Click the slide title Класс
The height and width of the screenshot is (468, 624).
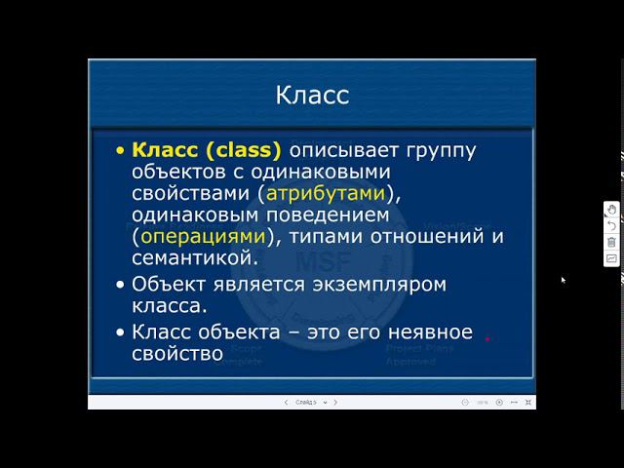312,96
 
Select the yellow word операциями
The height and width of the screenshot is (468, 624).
202,236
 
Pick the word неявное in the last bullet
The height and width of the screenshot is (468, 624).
425,331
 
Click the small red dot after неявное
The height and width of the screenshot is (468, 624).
487,338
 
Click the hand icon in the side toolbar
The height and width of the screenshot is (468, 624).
611,209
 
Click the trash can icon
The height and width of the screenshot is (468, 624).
611,242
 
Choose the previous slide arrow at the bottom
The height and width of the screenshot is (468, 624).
286,402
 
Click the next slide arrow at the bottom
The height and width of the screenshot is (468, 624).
335,402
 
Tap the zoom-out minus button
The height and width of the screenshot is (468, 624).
466,402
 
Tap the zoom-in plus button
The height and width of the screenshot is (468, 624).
499,402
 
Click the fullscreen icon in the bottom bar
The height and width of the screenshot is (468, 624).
527,402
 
